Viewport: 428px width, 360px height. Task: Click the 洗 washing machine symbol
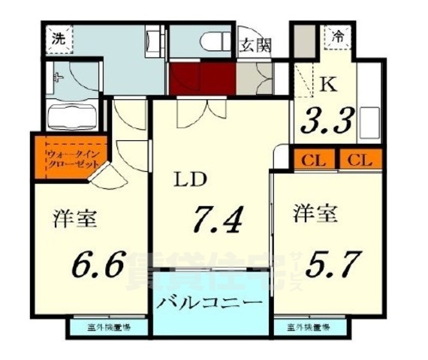pyautogui.click(x=58, y=38)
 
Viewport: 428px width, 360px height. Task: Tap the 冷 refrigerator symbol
pyautogui.click(x=338, y=35)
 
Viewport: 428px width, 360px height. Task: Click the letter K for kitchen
pyautogui.click(x=328, y=83)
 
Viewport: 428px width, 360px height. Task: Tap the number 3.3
pyautogui.click(x=327, y=120)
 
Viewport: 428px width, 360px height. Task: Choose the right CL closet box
pyautogui.click(x=360, y=160)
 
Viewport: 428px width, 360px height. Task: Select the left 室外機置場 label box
pyautogui.click(x=110, y=328)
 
